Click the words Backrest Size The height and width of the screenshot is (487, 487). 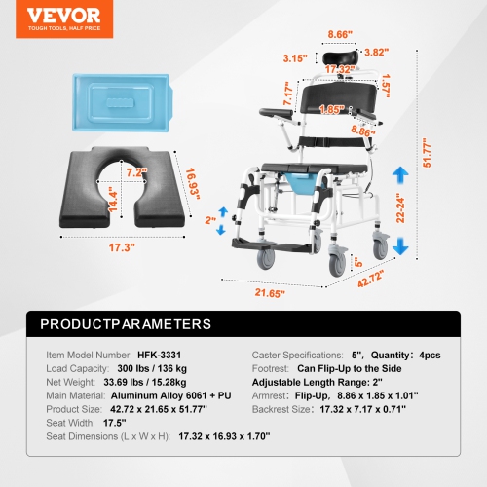coord(283,409)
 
